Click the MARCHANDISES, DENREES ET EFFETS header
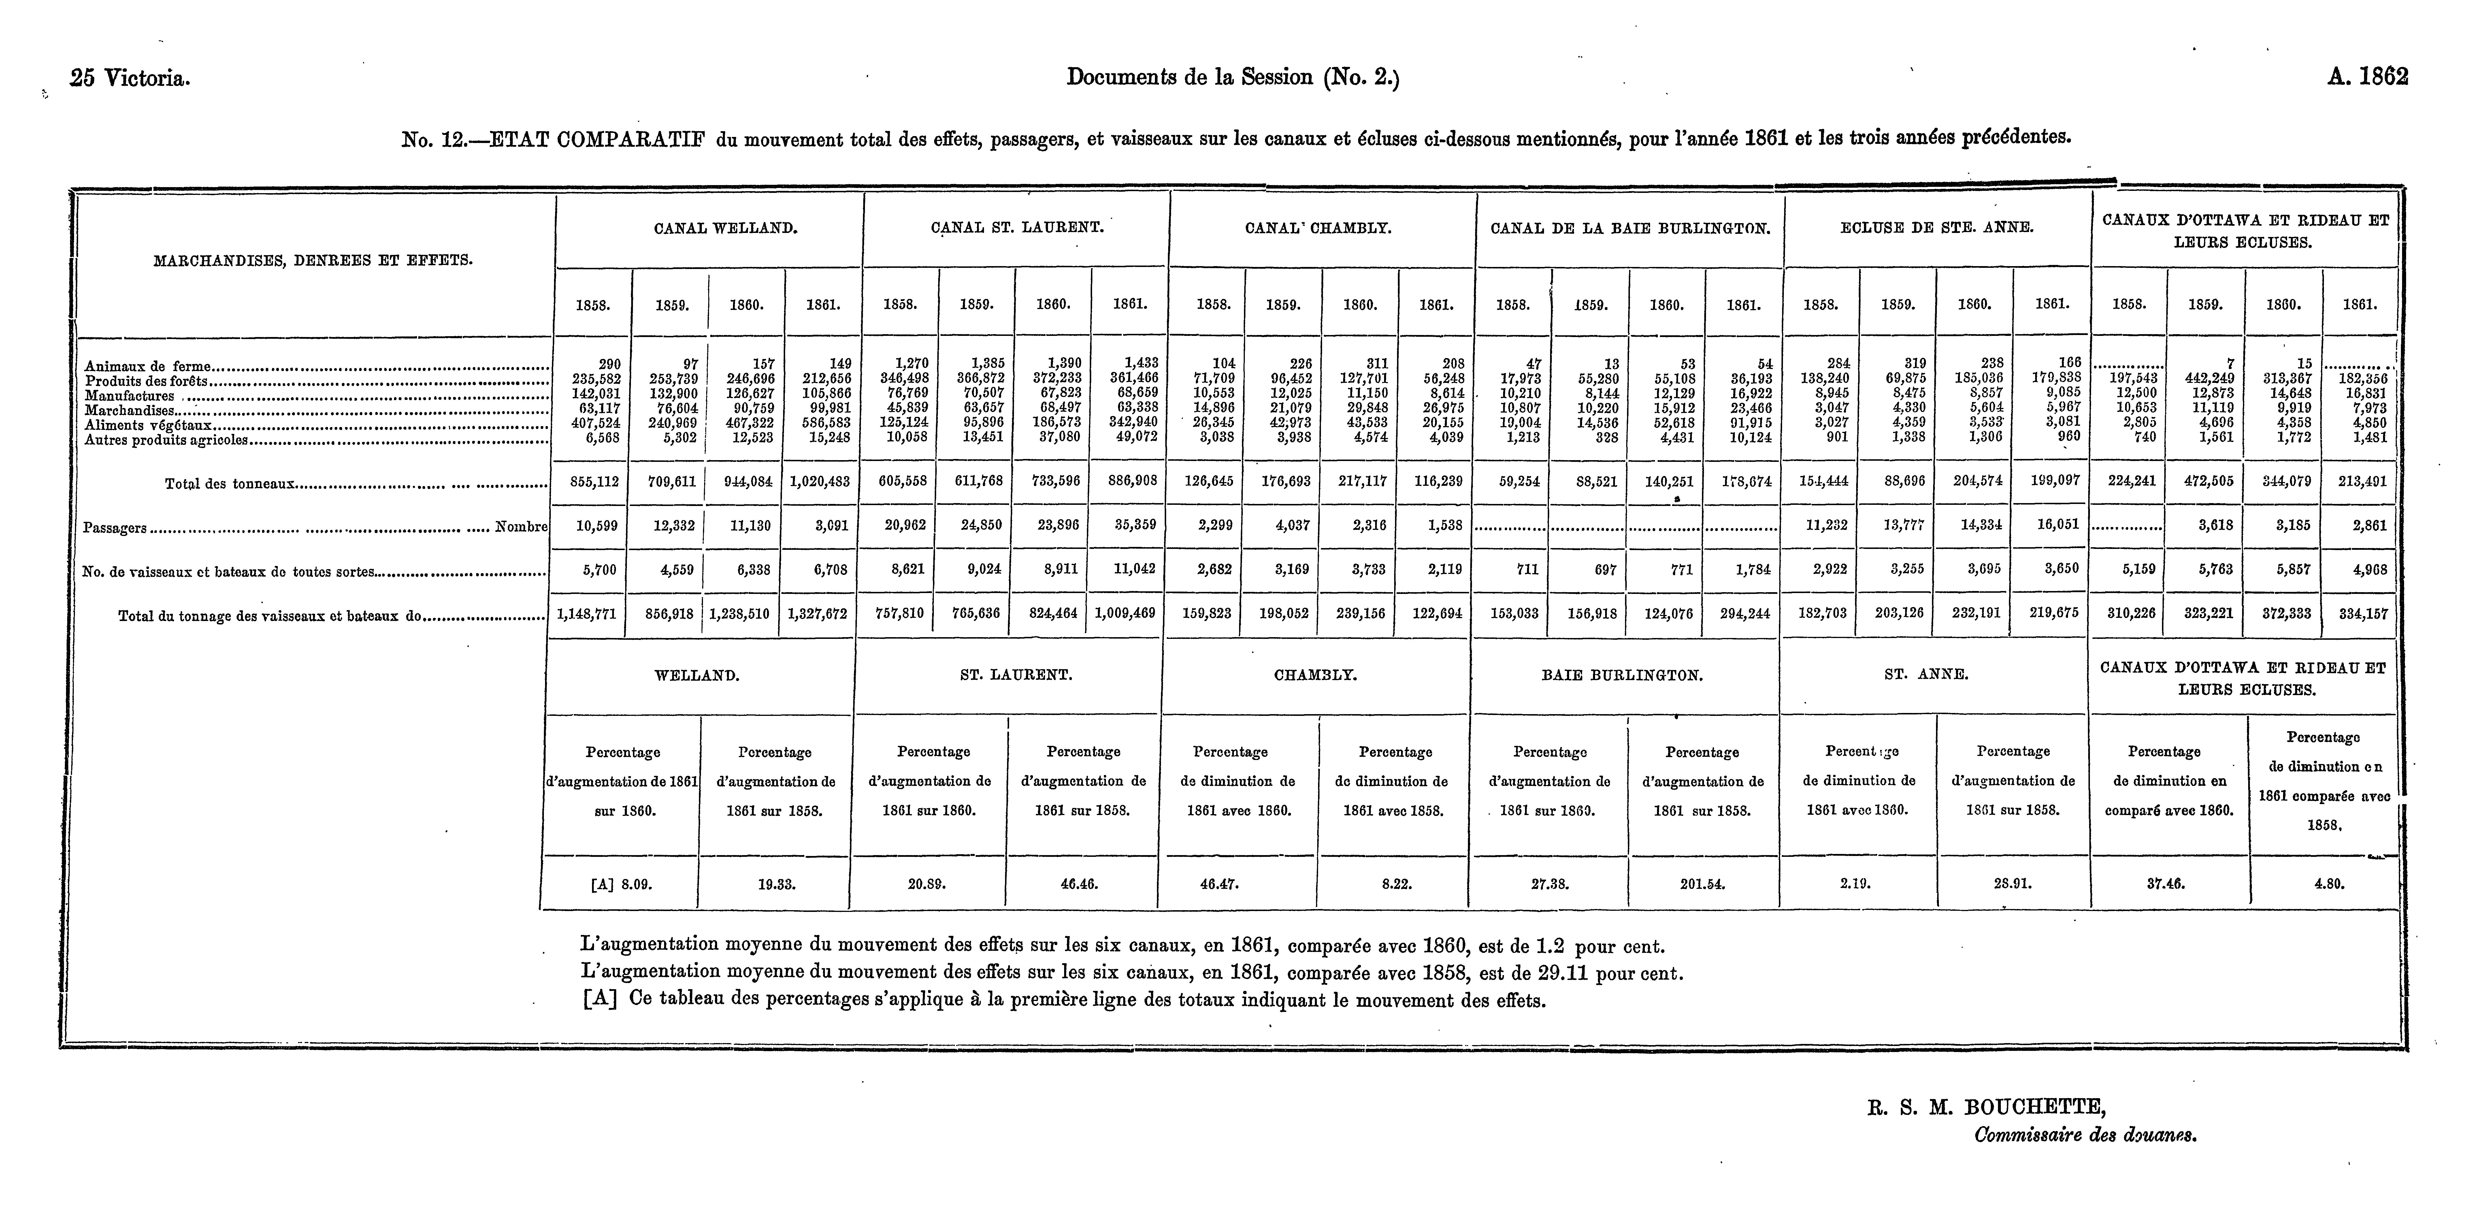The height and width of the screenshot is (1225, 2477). tap(314, 259)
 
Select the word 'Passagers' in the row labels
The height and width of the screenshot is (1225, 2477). tap(115, 528)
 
